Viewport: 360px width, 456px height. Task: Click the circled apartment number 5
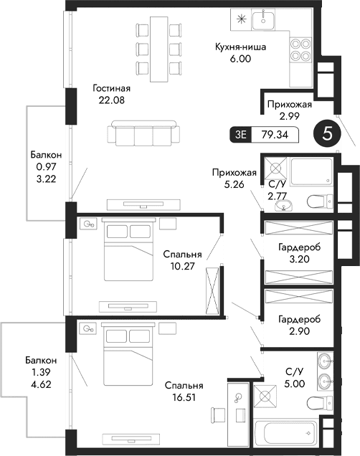[328, 133]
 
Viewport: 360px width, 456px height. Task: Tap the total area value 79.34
[276, 133]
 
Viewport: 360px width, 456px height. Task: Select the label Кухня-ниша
[240, 48]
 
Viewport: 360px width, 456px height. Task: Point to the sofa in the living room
[141, 135]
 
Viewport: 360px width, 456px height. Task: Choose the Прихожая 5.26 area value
[234, 184]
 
